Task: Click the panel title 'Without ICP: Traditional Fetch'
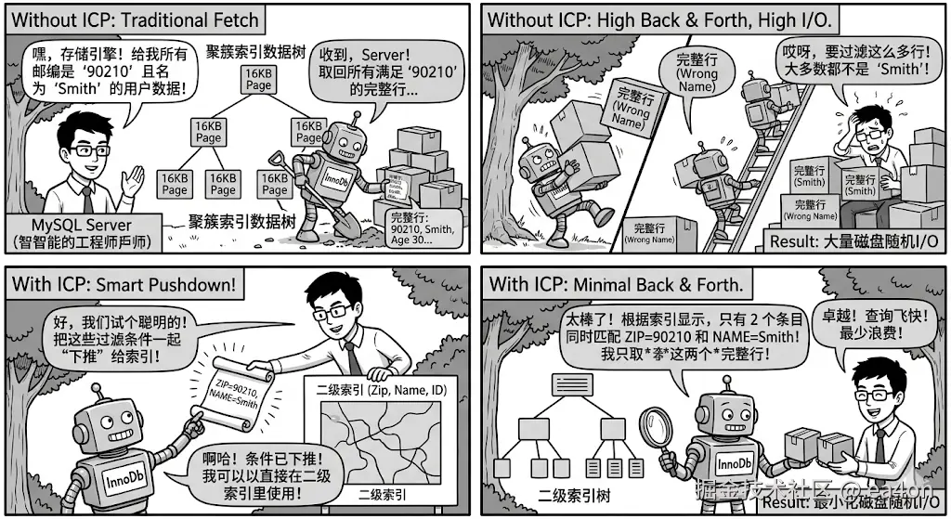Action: [x=136, y=19]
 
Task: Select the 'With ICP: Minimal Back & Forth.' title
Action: [x=614, y=284]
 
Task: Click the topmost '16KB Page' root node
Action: [x=259, y=79]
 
